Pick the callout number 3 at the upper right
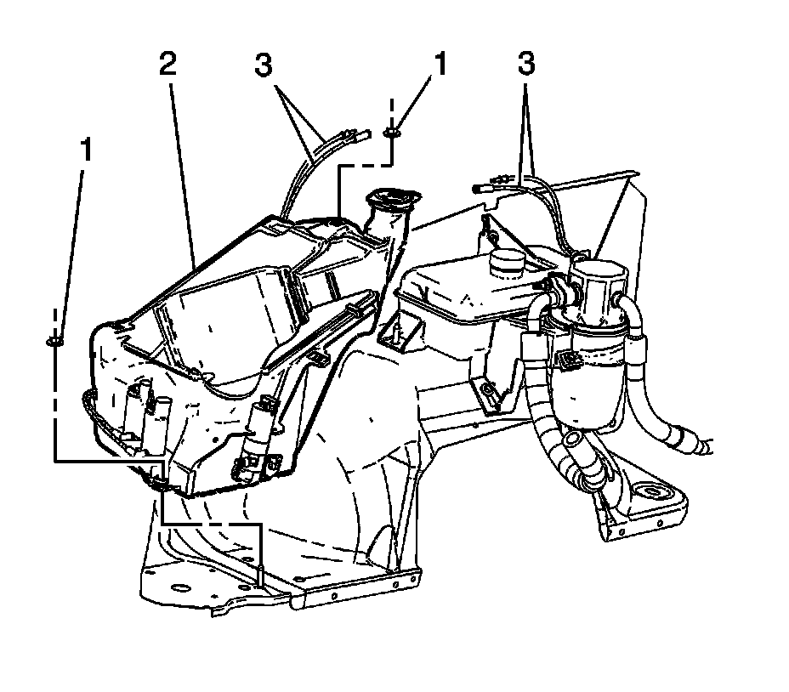[x=528, y=65]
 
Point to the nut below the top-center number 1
[x=392, y=132]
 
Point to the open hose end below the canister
[x=575, y=440]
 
